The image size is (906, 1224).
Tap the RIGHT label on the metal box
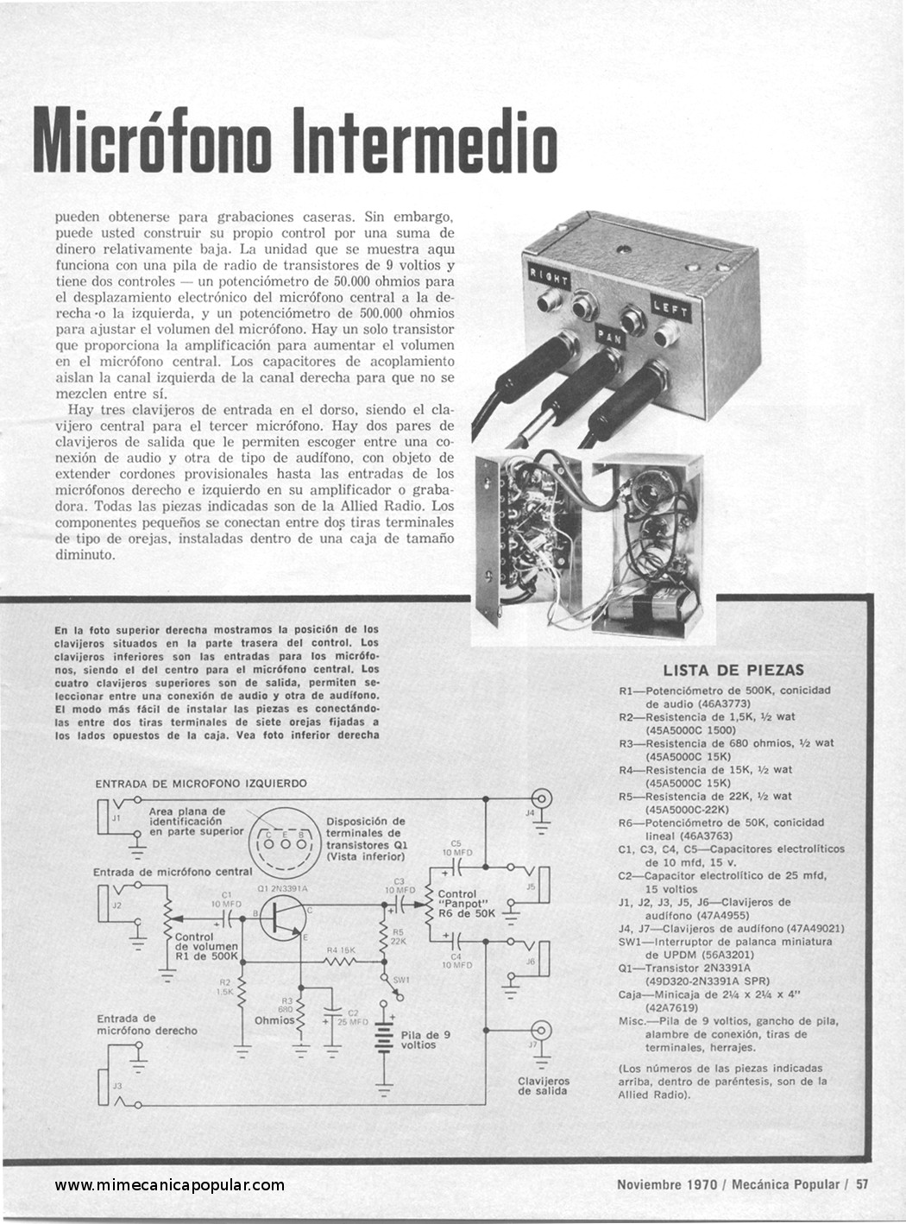click(x=549, y=276)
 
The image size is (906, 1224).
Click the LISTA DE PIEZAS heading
click(x=733, y=671)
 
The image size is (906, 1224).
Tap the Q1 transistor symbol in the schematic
click(x=282, y=918)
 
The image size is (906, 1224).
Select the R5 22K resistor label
click(x=398, y=937)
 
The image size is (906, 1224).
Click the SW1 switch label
click(x=400, y=980)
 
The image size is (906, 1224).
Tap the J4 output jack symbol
click(x=541, y=798)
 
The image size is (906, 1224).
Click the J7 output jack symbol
click(x=541, y=1030)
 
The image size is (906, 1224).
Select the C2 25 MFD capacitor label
click(x=352, y=1017)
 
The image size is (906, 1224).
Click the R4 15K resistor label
click(x=341, y=950)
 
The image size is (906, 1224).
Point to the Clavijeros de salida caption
click(x=544, y=1086)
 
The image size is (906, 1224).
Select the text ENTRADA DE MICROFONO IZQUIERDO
click(x=201, y=784)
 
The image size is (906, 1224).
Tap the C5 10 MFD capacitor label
click(x=456, y=848)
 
